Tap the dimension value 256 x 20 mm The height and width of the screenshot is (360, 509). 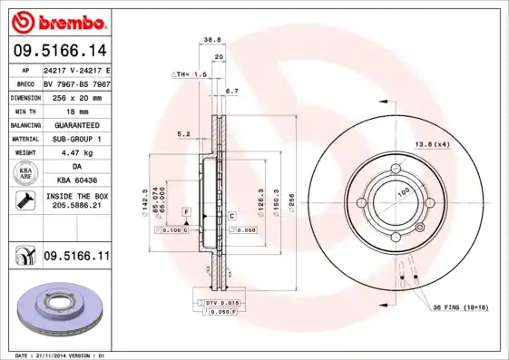72,95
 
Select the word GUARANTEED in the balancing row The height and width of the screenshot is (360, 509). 71,124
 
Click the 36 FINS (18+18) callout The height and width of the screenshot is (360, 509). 460,308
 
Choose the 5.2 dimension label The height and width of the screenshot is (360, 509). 183,133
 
